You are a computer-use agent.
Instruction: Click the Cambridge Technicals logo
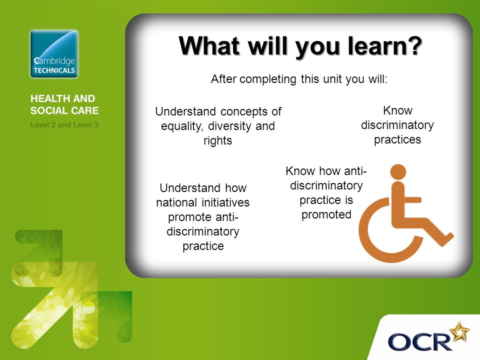tap(54, 54)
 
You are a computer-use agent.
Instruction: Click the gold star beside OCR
tap(459, 331)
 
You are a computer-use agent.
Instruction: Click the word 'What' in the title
tap(209, 45)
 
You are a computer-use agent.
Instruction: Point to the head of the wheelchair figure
tap(398, 172)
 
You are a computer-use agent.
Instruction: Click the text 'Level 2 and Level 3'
tap(64, 125)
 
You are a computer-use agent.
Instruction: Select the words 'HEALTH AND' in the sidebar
tap(63, 98)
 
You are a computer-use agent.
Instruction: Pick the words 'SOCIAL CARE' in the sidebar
tap(64, 110)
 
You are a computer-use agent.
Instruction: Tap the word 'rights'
tap(217, 141)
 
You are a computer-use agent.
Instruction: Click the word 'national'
tap(176, 202)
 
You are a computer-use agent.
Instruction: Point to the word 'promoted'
tap(326, 215)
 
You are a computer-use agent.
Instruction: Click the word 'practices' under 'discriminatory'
tap(397, 140)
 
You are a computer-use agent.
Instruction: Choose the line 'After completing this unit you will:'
tap(299, 79)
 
